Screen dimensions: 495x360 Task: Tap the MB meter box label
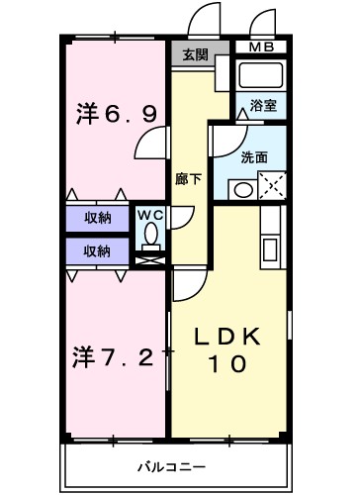(x=261, y=47)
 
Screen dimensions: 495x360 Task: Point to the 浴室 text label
(x=262, y=103)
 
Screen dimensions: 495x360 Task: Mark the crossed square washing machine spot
(x=273, y=186)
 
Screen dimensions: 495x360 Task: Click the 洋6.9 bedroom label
(x=115, y=115)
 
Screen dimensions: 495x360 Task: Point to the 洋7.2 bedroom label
(x=115, y=354)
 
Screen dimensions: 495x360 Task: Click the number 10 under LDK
(x=228, y=363)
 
